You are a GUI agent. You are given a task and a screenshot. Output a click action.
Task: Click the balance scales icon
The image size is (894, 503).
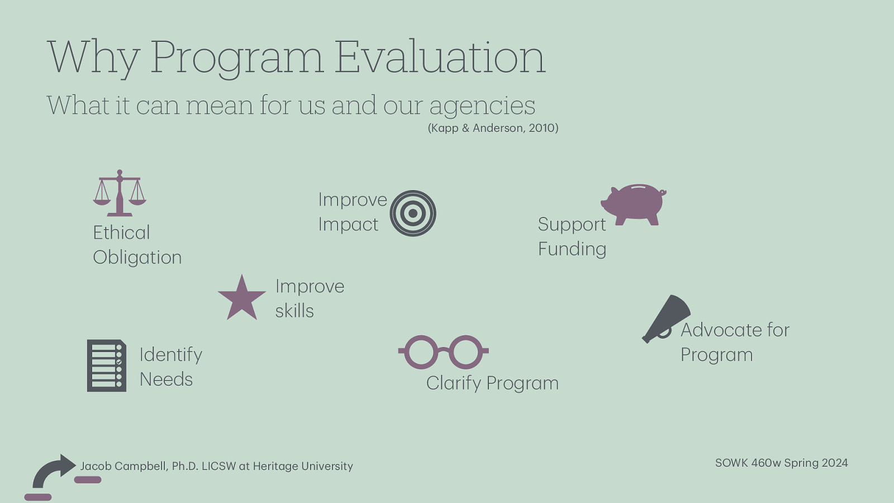[120, 193]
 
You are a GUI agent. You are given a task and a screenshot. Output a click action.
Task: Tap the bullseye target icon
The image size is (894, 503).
[413, 213]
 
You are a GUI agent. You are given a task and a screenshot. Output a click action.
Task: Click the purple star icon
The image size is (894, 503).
[241, 298]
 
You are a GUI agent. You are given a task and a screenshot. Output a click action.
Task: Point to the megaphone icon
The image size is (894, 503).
[666, 318]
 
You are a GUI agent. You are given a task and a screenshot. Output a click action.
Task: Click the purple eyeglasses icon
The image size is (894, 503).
[443, 352]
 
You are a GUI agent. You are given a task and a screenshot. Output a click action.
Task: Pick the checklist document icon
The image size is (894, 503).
[106, 366]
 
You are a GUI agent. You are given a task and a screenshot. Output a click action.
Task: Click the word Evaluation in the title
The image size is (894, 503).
[440, 57]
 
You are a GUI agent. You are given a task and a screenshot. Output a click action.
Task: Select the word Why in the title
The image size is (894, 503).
[93, 57]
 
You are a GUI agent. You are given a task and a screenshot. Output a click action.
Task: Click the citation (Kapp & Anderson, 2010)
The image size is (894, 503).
[493, 128]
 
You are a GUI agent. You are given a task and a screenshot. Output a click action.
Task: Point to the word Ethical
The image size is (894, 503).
[121, 232]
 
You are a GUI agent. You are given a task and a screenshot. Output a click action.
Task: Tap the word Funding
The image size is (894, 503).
[572, 249]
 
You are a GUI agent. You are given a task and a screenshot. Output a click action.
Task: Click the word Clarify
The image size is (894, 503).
[453, 383]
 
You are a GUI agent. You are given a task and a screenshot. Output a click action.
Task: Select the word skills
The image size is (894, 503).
[294, 311]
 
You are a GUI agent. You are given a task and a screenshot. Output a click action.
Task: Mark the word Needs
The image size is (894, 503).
[166, 379]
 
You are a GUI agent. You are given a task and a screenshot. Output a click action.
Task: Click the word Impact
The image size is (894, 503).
[348, 225]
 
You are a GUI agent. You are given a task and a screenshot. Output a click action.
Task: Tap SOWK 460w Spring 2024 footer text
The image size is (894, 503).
[781, 463]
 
